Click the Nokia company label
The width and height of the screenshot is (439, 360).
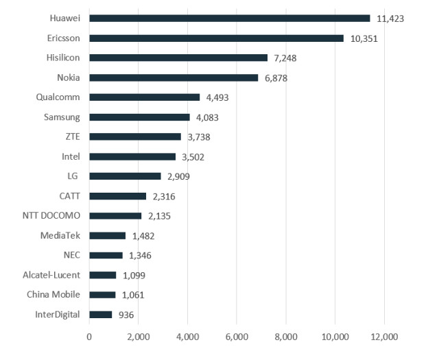(69, 77)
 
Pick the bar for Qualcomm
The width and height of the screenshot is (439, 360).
(144, 97)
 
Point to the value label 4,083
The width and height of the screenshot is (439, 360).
(210, 117)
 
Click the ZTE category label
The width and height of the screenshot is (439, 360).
(71, 136)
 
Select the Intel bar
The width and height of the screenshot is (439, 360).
(132, 156)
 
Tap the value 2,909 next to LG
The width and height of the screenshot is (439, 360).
(177, 176)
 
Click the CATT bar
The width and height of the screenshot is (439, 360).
(117, 196)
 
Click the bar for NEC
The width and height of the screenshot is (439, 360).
(106, 255)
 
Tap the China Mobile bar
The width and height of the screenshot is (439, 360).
(102, 295)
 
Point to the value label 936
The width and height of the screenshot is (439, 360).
(125, 315)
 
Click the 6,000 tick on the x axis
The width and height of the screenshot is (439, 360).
(236, 337)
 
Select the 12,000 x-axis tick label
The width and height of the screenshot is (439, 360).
(383, 337)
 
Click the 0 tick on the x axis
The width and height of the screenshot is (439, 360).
(89, 337)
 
